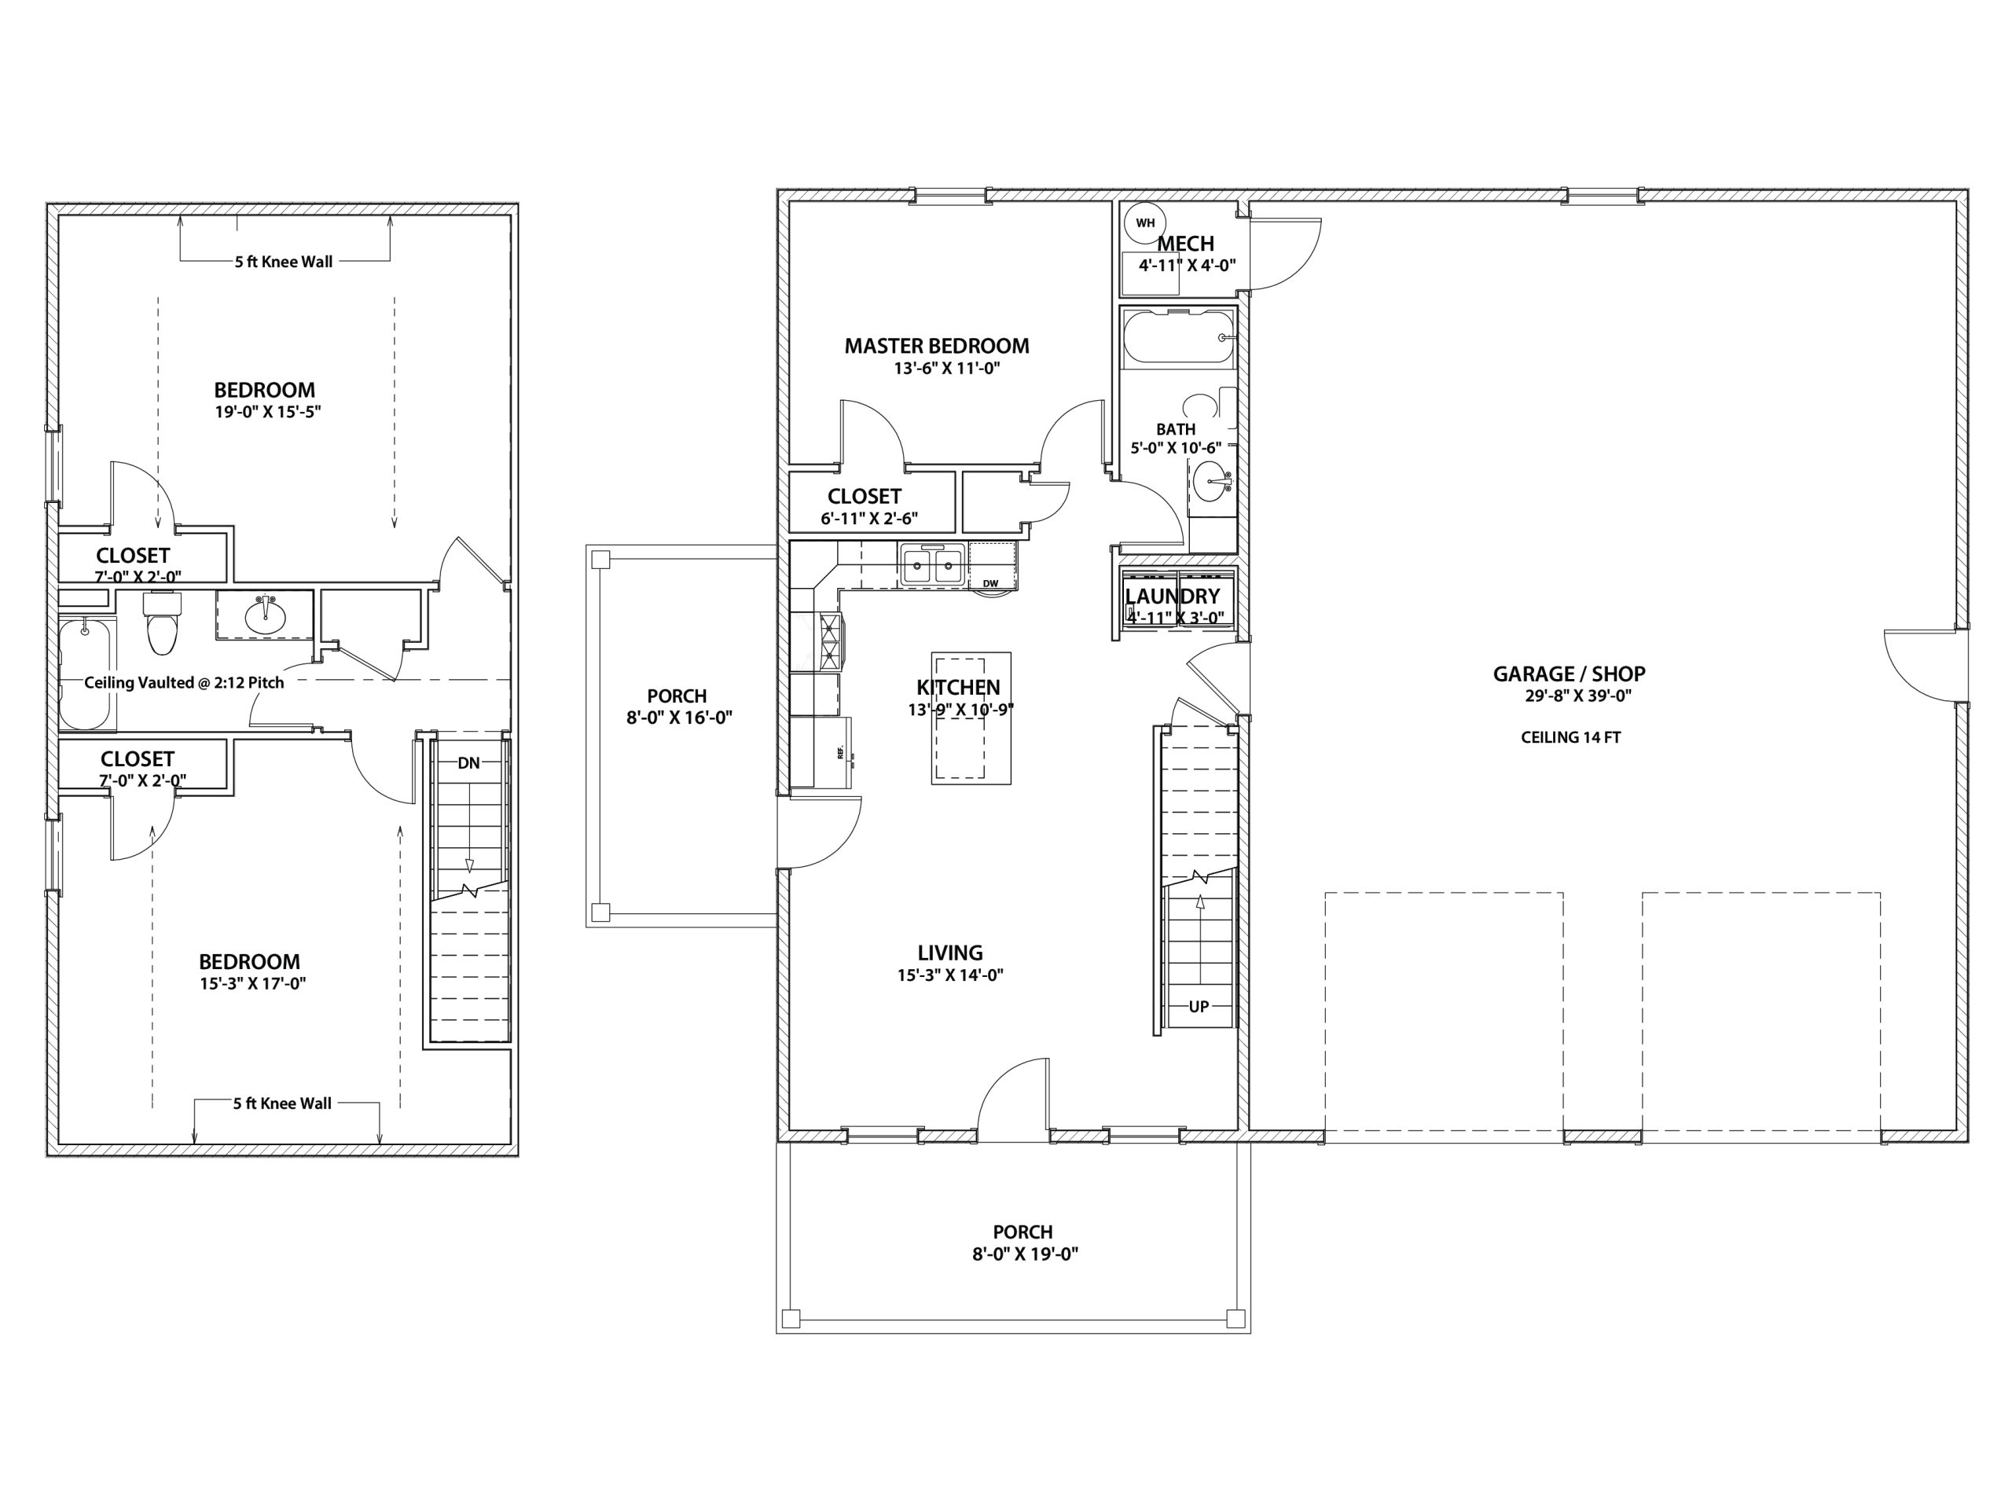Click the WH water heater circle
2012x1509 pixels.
click(1145, 223)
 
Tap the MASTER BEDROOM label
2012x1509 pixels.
click(937, 346)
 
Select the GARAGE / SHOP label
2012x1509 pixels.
click(1569, 674)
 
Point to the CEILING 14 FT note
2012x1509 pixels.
click(1571, 738)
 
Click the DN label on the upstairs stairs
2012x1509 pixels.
click(468, 763)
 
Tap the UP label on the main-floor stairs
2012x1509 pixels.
click(1199, 1007)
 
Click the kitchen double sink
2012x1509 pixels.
click(932, 566)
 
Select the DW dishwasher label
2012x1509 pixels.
click(990, 583)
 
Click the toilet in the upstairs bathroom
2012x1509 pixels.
click(163, 624)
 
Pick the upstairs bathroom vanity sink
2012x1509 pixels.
click(266, 616)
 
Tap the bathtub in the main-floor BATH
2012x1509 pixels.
click(1178, 337)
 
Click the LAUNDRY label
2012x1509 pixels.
click(1173, 596)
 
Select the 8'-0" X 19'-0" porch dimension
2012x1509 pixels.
click(1025, 1254)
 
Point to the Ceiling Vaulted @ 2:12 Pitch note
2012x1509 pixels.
click(184, 682)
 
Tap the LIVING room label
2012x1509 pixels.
click(950, 953)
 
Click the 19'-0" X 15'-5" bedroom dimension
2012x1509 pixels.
click(268, 412)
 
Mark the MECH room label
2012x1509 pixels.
click(1186, 244)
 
